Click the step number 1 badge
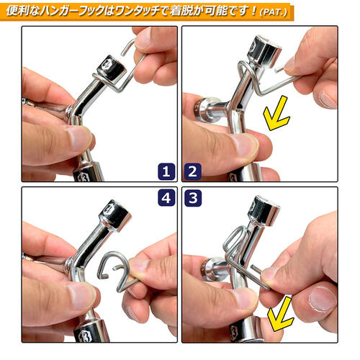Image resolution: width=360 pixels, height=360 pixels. (x=166, y=171)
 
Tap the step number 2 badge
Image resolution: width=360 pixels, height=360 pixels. (x=193, y=171)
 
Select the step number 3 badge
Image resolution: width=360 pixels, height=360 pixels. (x=193, y=198)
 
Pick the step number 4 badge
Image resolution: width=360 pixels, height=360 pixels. (x=166, y=198)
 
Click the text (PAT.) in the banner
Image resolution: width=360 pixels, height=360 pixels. (x=274, y=12)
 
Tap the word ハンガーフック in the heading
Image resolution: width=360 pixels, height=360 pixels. (x=72, y=11)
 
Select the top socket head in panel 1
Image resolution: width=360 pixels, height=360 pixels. (x=112, y=68)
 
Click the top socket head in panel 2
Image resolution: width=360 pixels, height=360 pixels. (x=264, y=50)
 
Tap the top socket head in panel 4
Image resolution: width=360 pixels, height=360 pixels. (x=116, y=215)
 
